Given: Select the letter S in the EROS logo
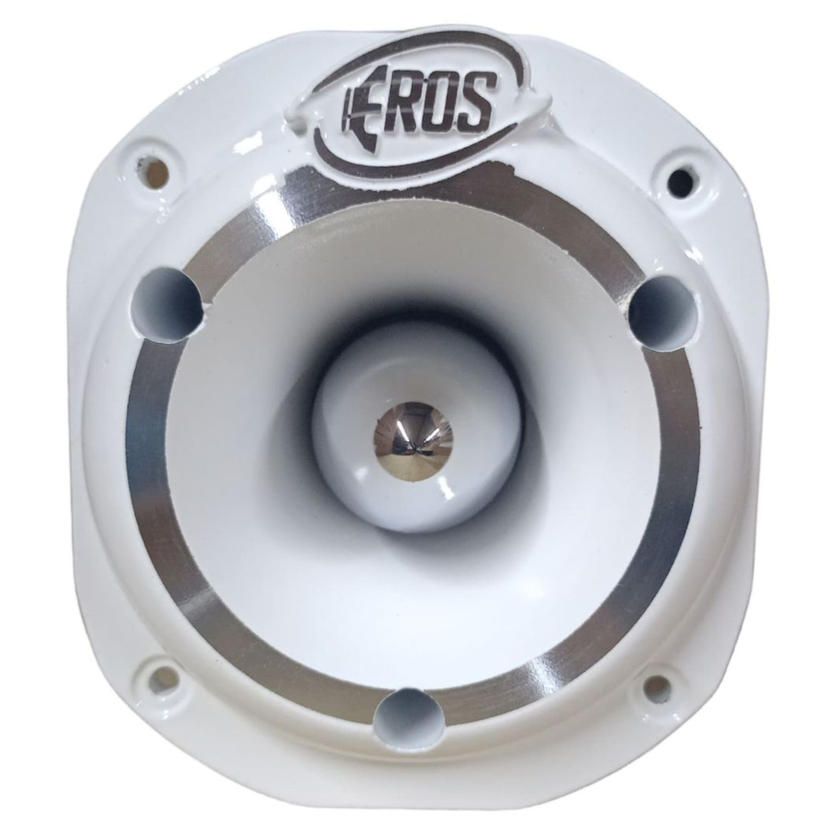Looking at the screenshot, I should [x=477, y=101].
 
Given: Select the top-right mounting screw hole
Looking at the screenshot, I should [x=681, y=182].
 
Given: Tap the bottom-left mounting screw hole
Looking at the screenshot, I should [x=164, y=678].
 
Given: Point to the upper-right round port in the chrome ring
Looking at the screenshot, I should [x=663, y=313].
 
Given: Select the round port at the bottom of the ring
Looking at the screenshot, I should [x=409, y=718].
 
